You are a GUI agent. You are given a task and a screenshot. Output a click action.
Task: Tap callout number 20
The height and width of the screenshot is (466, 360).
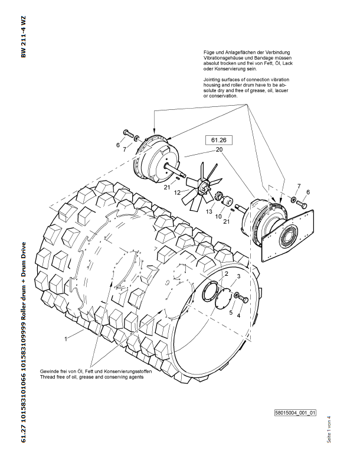tap(220, 150)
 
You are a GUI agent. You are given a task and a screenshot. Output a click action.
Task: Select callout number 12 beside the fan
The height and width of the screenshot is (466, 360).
tap(177, 193)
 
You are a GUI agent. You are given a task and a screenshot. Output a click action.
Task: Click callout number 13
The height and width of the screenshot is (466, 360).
tap(192, 211)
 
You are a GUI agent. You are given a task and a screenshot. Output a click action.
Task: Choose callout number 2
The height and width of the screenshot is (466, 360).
tap(225, 274)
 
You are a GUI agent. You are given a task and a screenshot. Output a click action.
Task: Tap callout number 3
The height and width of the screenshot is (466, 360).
tap(238, 276)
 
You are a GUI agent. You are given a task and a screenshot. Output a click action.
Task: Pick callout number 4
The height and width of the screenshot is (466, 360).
tap(238, 315)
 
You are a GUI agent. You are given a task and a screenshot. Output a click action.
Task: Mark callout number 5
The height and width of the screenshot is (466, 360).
tap(231, 311)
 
